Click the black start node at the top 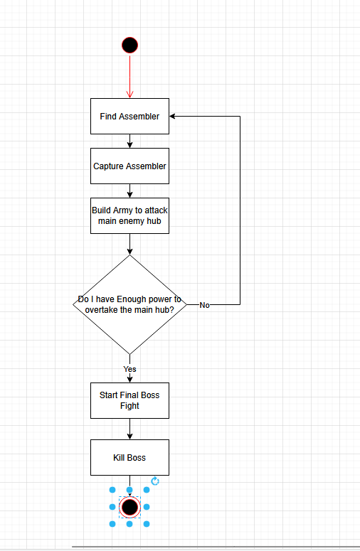pos(129,46)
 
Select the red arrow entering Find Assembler pos(129,76)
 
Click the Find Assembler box pos(129,117)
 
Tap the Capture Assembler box pos(129,166)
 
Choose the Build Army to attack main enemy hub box pos(129,215)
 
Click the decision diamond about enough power pos(129,305)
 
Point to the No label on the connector pos(205,305)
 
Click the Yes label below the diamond pos(129,369)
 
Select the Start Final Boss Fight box pos(129,400)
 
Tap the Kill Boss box pos(129,458)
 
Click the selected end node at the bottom pos(129,507)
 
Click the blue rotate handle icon pos(155,481)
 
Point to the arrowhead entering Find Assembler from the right pos(172,117)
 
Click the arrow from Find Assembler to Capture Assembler pos(129,141)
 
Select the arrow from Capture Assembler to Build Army pos(129,191)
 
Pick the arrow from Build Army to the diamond pos(129,245)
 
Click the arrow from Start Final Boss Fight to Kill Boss pos(129,429)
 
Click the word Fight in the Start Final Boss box pos(129,406)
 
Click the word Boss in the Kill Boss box pos(137,458)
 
